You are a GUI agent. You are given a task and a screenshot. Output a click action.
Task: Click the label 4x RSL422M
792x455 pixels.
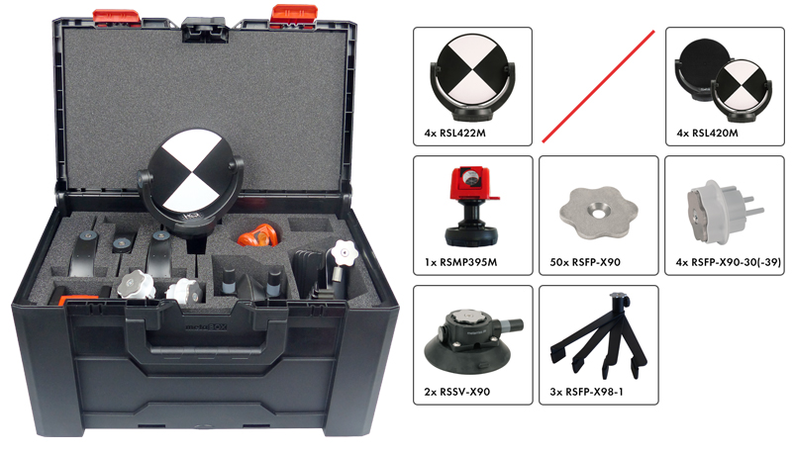point(454,134)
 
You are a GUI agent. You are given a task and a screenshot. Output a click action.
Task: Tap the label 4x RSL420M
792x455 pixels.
point(707,134)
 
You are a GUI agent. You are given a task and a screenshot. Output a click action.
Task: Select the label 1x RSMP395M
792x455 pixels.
point(460,262)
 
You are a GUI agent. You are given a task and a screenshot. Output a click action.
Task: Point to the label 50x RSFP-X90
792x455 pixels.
point(585,262)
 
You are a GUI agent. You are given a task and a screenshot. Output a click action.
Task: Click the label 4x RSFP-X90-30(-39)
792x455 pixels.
point(729,262)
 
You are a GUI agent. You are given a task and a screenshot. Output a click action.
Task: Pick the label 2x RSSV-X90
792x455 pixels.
point(456,392)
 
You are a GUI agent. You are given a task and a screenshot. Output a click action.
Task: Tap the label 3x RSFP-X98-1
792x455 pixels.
point(586,392)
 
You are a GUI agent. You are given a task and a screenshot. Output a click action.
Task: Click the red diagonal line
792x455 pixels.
point(598,86)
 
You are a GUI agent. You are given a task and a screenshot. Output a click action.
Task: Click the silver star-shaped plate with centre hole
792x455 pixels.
point(599,214)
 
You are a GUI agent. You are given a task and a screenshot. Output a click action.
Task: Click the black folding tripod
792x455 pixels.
point(599,336)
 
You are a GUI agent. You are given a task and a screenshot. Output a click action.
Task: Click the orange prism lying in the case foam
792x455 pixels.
point(258,235)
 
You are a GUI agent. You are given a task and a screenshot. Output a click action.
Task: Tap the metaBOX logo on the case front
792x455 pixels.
point(206,326)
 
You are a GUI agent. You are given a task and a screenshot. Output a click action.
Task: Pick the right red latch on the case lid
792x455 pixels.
point(293,15)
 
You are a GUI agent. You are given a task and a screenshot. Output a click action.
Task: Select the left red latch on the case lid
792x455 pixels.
point(116,18)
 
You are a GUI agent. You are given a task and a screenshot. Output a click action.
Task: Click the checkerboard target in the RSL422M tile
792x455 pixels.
point(473,77)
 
